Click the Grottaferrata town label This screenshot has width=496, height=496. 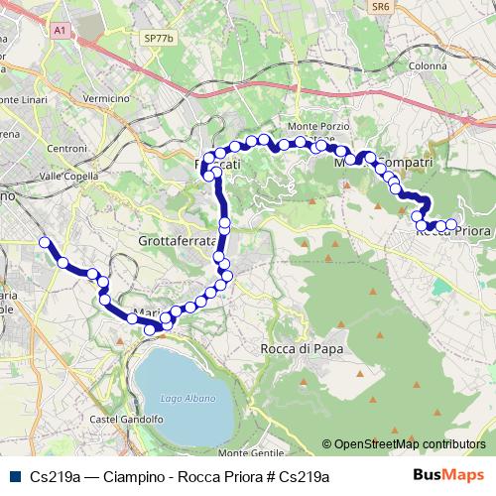pyautogui.click(x=178, y=241)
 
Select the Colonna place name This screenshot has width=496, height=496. pyautogui.click(x=428, y=66)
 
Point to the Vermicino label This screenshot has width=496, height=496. pyautogui.click(x=108, y=99)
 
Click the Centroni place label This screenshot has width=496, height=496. pyautogui.click(x=67, y=148)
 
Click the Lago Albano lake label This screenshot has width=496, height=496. pyautogui.click(x=181, y=399)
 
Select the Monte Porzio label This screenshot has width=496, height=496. pyautogui.click(x=313, y=127)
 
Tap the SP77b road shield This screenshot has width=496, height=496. pyautogui.click(x=158, y=38)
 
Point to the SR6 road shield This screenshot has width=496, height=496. pyautogui.click(x=381, y=6)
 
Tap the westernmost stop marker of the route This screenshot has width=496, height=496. pyautogui.click(x=44, y=242)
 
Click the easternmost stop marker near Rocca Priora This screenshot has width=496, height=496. pyautogui.click(x=452, y=225)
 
